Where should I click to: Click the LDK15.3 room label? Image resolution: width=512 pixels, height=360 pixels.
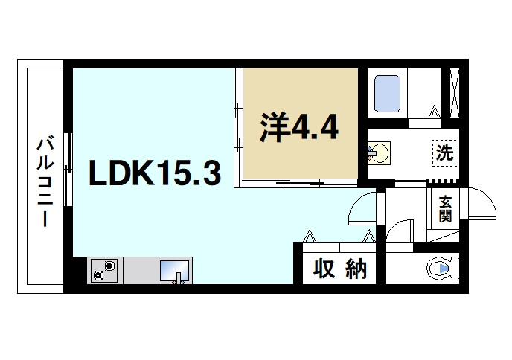[154, 173]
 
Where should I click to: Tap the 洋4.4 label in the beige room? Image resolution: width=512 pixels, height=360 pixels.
[299, 128]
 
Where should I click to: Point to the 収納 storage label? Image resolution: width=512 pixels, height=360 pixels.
[340, 269]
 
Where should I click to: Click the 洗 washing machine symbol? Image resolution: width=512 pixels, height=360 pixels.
[444, 153]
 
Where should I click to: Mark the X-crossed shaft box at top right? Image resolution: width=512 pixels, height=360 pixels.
[455, 92]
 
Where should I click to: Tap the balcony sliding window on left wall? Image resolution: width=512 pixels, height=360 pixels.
[68, 170]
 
